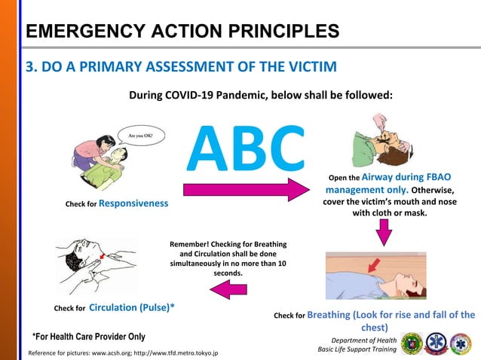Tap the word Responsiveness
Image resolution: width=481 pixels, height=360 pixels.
pos(133,203)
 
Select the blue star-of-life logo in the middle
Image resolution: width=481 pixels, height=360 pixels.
pos(440,343)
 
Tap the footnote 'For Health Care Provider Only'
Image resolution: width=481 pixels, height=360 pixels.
pos(88,336)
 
